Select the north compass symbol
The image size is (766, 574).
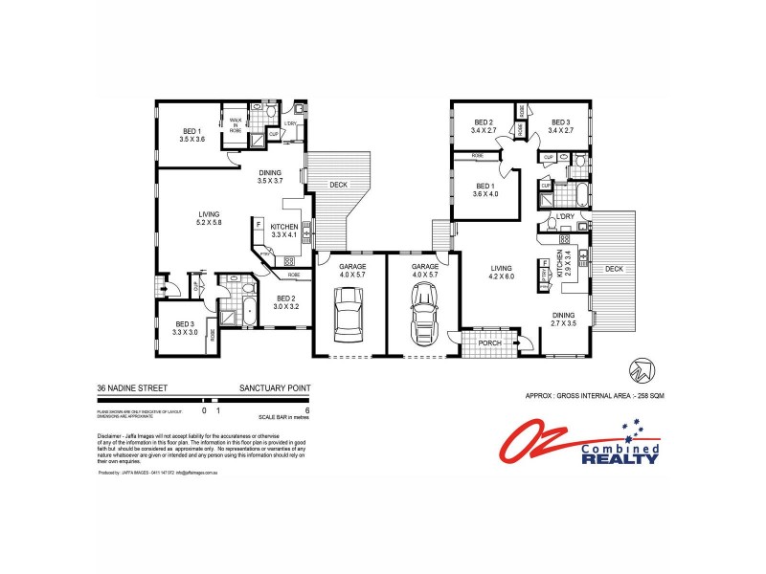[x=639, y=370]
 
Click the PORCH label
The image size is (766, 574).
[x=490, y=342]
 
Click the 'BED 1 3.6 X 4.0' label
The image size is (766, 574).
[x=485, y=189]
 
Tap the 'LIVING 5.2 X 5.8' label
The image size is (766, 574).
[x=209, y=218]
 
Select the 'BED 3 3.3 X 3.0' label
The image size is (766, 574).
[x=185, y=328]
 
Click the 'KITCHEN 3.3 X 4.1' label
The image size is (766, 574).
[x=284, y=231]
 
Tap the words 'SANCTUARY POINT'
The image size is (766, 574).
[x=274, y=388]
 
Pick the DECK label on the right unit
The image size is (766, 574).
[x=614, y=269]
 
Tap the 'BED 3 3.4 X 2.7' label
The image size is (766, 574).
[x=562, y=126]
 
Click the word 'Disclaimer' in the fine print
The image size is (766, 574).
[x=113, y=435]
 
